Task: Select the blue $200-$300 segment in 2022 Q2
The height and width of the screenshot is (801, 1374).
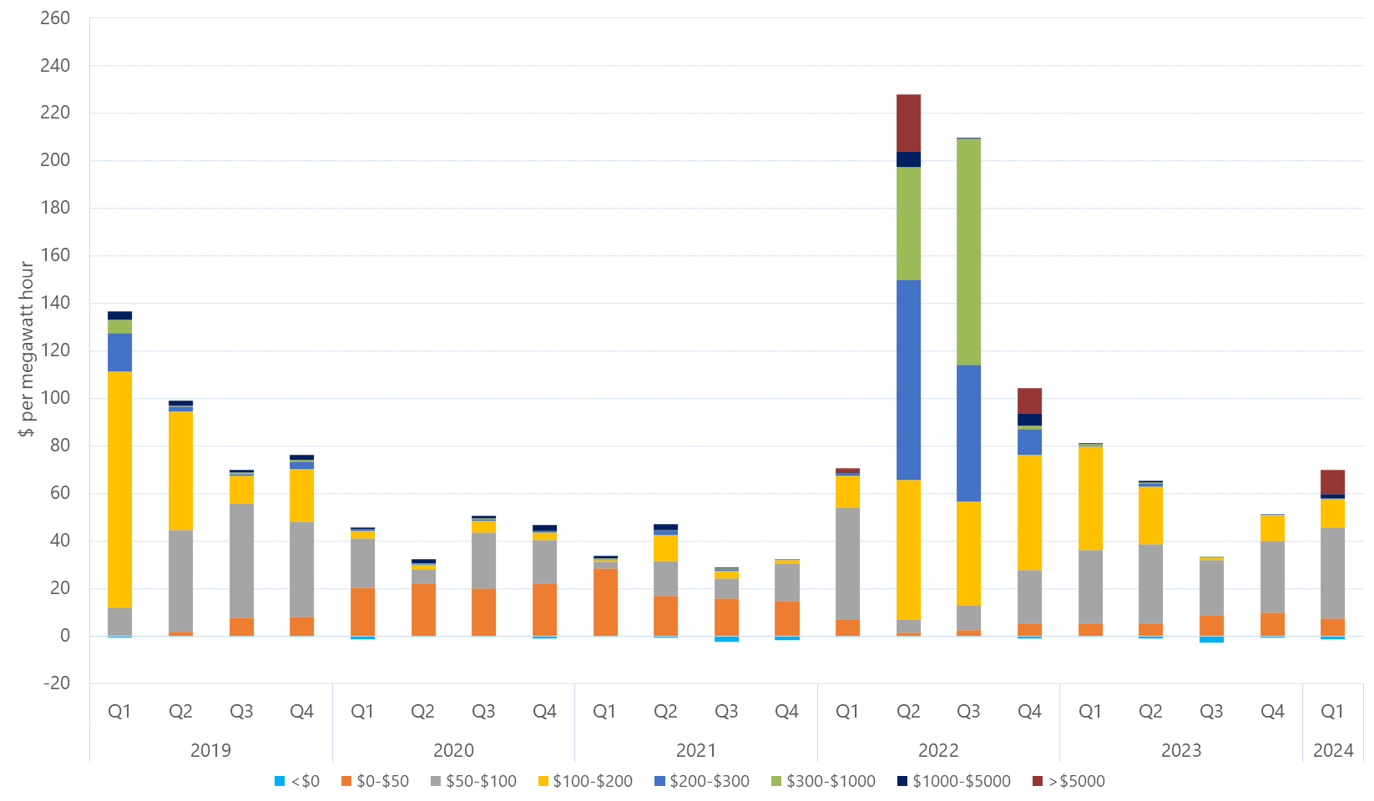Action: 908,380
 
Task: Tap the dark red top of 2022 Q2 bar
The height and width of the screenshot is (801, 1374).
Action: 908,123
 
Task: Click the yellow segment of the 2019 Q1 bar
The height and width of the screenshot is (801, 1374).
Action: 119,489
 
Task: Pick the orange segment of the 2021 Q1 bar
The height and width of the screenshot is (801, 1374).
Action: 605,602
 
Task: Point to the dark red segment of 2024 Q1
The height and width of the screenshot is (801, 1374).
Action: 1332,482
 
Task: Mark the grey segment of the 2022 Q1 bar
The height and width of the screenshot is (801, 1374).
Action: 847,563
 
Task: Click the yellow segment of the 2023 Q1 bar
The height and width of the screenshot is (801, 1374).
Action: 1090,498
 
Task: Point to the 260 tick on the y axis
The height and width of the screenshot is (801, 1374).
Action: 55,18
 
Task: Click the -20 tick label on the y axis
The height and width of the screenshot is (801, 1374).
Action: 57,683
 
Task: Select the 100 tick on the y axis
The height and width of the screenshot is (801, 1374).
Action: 55,397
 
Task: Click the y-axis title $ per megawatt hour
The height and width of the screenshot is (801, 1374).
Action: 27,349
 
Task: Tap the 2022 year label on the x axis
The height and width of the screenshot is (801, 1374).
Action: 938,750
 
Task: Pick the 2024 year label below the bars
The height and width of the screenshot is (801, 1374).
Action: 1333,750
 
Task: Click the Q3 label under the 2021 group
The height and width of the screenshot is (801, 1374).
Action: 726,711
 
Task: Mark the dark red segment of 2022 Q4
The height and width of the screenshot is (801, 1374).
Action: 1029,400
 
